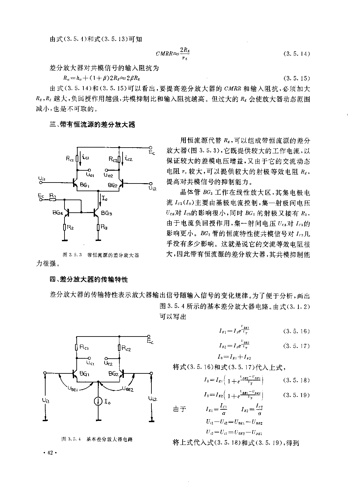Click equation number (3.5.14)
(296, 54)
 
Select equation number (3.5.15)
(296, 78)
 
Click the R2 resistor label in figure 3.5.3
(71, 227)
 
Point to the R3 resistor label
(104, 227)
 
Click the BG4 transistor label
(57, 212)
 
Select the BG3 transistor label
(107, 212)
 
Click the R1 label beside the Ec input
(53, 195)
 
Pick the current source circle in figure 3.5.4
(98, 401)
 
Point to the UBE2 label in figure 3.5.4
(128, 388)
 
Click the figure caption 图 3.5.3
(101, 255)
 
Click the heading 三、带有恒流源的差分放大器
(92, 125)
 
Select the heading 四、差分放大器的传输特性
(89, 279)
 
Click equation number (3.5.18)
(296, 380)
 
